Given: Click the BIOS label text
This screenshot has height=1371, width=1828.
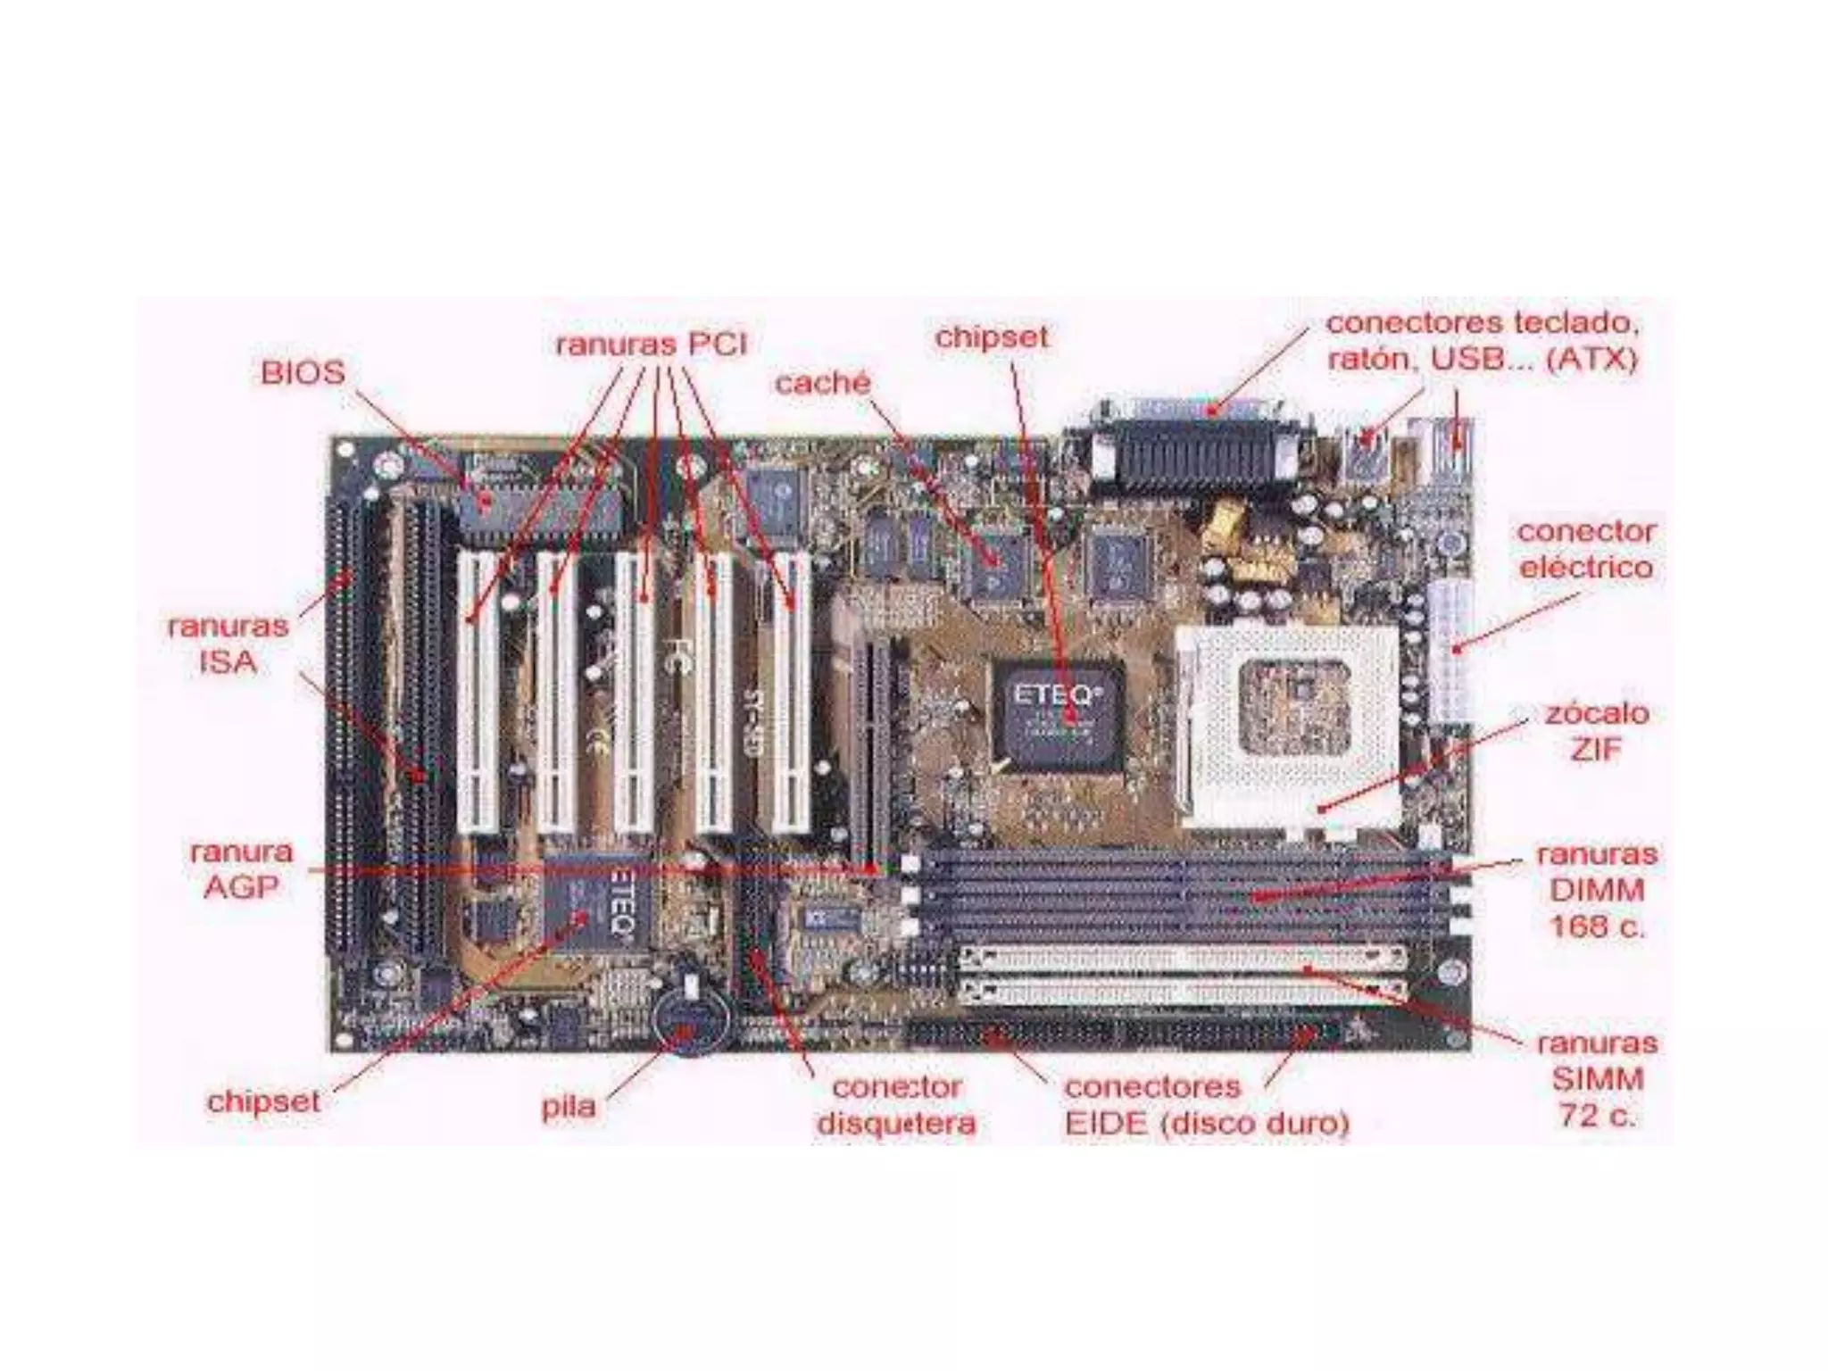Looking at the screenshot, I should click(303, 372).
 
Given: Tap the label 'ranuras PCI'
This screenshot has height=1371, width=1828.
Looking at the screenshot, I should click(651, 344).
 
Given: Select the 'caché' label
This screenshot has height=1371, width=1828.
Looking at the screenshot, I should click(822, 383).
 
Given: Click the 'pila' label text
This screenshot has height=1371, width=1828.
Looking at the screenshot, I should click(569, 1107).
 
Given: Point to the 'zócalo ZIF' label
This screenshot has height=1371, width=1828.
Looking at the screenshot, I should click(1596, 732).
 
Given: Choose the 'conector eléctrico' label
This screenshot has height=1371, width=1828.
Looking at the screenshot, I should click(1586, 549).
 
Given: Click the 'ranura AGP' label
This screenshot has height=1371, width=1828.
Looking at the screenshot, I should click(241, 869).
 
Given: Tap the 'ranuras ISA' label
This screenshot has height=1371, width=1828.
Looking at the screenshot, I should click(228, 644).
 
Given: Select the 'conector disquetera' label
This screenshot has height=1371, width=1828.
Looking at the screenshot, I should click(896, 1105).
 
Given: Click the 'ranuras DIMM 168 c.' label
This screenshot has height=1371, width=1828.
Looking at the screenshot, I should click(1596, 890).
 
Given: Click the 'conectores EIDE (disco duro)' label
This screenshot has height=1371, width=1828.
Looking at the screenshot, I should click(1207, 1105).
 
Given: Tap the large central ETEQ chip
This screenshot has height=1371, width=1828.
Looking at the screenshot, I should click(1059, 714).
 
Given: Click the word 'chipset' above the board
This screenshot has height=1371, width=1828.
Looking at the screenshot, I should click(992, 337).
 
